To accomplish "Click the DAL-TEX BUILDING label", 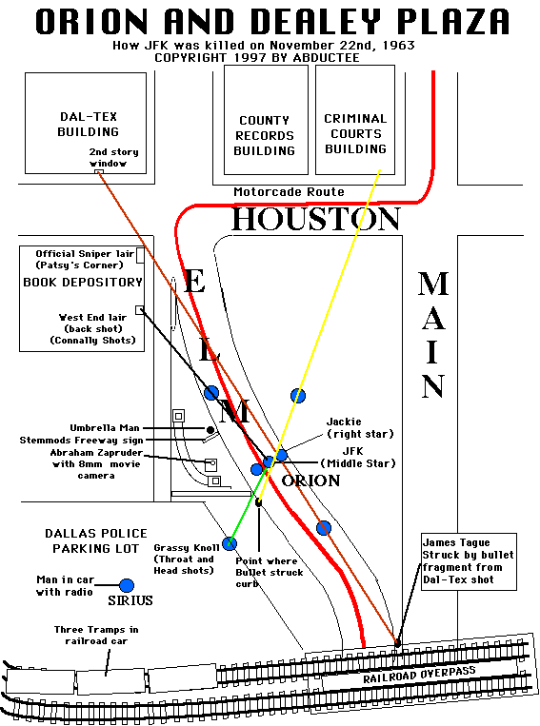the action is [88, 124].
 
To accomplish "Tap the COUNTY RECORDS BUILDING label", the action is [264, 136].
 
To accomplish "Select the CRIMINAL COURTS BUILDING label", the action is [355, 134].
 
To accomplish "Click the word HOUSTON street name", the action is [316, 219].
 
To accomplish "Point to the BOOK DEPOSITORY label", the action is [83, 282].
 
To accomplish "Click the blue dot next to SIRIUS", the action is [127, 586].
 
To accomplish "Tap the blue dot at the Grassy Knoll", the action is [230, 543].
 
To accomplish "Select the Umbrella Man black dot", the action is [210, 430].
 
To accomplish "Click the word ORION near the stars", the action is [310, 481].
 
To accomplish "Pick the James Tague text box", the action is [469, 561].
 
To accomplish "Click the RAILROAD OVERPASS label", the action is [419, 675].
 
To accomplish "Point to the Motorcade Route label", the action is [289, 191].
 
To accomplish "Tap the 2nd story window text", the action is [113, 157].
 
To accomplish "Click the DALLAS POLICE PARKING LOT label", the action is [96, 540].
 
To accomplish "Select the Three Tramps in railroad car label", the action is [96, 636].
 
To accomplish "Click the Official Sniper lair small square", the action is [140, 256].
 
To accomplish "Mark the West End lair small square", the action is [139, 310].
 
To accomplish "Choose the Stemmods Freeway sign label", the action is [81, 441].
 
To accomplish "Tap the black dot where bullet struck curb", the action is [259, 502].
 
